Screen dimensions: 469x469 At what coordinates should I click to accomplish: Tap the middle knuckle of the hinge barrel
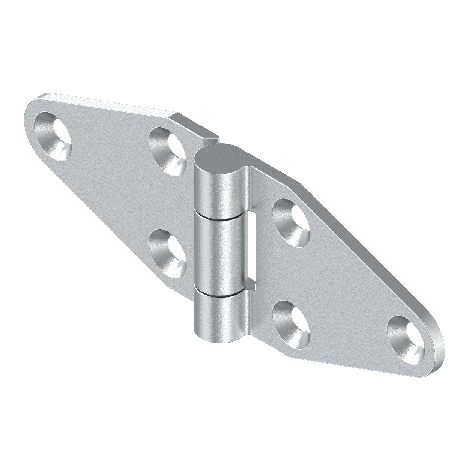pyautogui.click(x=218, y=255)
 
